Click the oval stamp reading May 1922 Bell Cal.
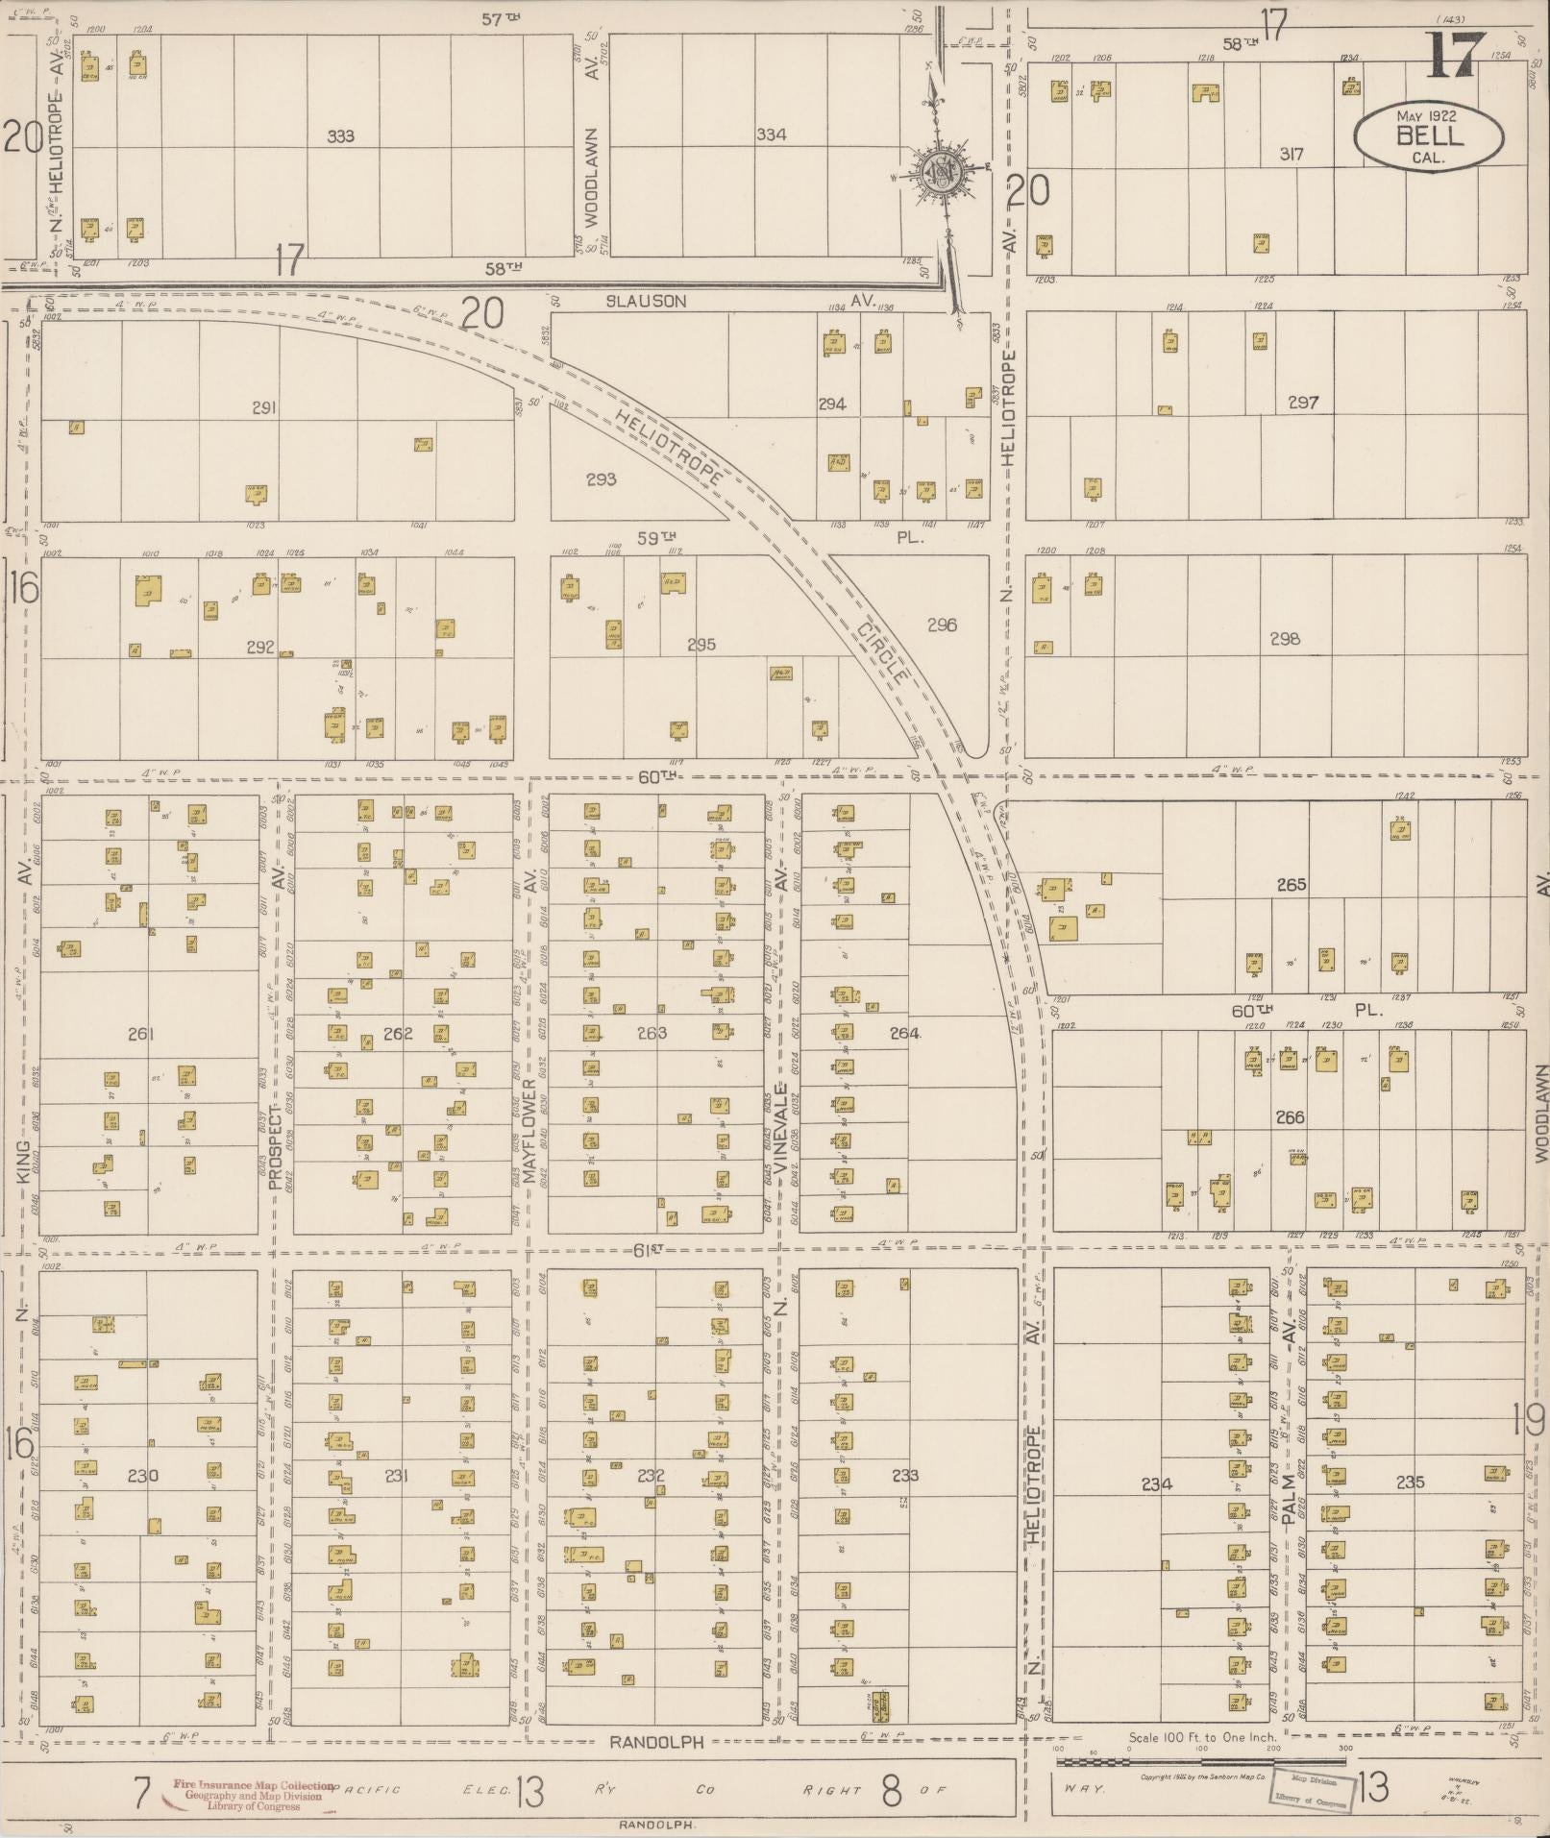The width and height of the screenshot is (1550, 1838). (x=1428, y=138)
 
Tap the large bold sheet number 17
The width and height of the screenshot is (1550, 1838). (x=1455, y=56)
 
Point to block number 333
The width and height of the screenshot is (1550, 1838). (x=340, y=136)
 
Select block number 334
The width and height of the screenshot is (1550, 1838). (x=771, y=135)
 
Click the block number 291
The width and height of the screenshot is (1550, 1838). (x=264, y=408)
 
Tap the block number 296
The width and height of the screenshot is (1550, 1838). (x=942, y=625)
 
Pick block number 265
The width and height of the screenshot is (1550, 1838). (x=1291, y=885)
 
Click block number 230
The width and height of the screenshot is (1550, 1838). (x=142, y=1476)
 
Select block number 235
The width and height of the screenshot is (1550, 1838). (x=1410, y=1483)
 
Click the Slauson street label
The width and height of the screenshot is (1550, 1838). (x=646, y=301)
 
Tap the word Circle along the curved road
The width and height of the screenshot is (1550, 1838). (x=881, y=651)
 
